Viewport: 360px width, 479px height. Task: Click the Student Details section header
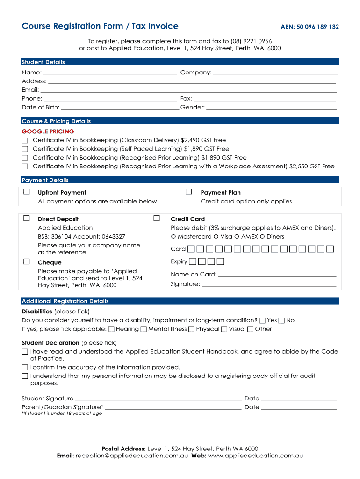tap(43, 62)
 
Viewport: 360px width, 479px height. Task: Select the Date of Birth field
tap(120, 107)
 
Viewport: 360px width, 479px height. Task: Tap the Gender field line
tap(271, 107)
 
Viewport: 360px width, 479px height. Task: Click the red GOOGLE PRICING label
tap(48, 131)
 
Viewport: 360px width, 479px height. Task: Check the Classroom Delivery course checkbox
tap(25, 140)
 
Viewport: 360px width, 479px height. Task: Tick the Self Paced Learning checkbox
tap(25, 149)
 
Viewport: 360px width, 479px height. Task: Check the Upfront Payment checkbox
tap(27, 192)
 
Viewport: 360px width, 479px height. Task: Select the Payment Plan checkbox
tap(189, 192)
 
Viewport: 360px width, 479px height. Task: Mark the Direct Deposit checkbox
tap(27, 218)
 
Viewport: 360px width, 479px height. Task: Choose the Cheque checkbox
tap(27, 262)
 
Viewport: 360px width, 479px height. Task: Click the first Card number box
tap(191, 249)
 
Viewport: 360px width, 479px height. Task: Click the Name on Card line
tap(277, 275)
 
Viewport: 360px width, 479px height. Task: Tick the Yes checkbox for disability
tap(262, 320)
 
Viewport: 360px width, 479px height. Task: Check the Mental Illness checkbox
tap(144, 329)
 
